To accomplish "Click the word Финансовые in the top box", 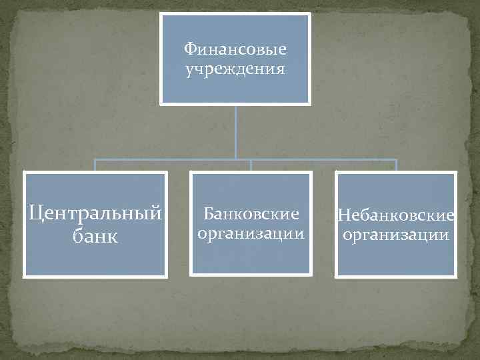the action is point(235,49).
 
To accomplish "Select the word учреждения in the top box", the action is point(235,69).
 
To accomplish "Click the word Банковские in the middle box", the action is point(251,215).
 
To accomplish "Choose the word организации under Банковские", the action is point(251,234).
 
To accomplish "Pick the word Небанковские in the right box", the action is point(397,215).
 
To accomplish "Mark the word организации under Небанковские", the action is point(397,235).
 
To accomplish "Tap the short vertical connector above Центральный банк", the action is point(95,165).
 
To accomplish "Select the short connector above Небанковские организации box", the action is point(396,165).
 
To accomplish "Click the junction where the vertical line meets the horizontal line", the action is point(235,160).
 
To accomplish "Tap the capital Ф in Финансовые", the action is point(189,49).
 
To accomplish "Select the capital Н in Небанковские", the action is point(343,215).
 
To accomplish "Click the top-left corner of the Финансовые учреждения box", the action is point(161,15).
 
